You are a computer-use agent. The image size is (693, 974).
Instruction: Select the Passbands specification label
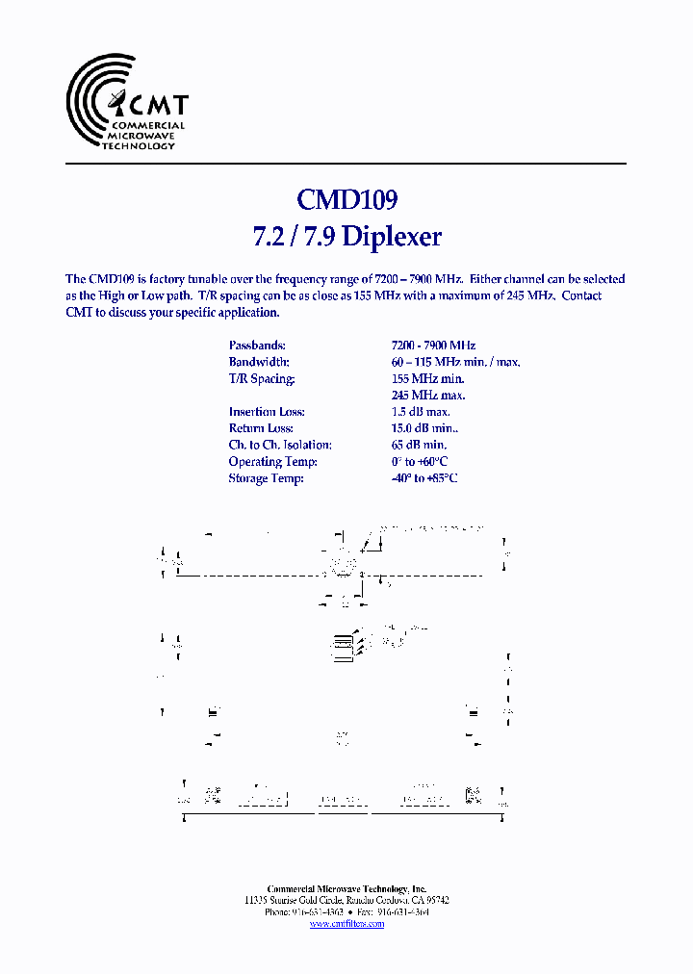click(x=257, y=345)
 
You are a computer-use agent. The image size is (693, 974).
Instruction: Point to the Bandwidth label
click(x=259, y=362)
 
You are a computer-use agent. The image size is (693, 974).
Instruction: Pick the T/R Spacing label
click(x=262, y=378)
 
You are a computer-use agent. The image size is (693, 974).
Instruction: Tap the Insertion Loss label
click(x=267, y=412)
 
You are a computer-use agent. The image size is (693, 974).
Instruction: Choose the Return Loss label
click(x=261, y=428)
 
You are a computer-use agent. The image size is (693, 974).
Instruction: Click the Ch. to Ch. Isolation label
click(x=280, y=445)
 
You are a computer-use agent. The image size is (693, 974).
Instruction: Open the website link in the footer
click(x=346, y=924)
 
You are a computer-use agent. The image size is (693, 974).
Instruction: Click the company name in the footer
click(x=346, y=889)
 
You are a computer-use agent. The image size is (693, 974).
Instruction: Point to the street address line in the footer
click(x=346, y=901)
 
